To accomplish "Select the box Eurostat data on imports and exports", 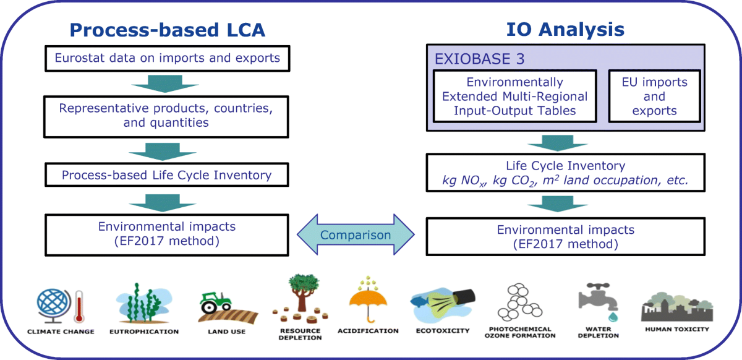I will point(168,59).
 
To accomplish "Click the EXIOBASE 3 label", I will point(470,59).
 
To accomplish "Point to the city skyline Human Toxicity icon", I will point(677,306).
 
